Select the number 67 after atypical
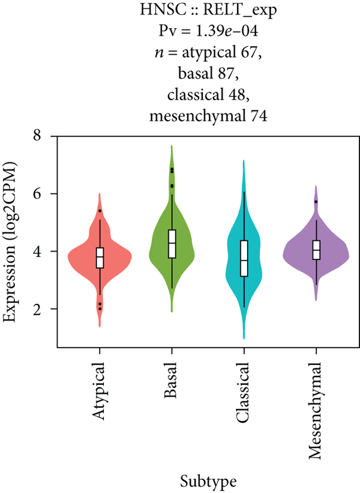point(251,53)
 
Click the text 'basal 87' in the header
point(210,75)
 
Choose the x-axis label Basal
point(172,381)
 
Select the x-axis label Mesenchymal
point(317,411)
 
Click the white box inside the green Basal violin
point(172,243)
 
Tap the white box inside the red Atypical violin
point(100,257)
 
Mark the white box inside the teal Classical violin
point(244,258)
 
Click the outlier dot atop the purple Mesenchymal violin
point(316,202)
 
